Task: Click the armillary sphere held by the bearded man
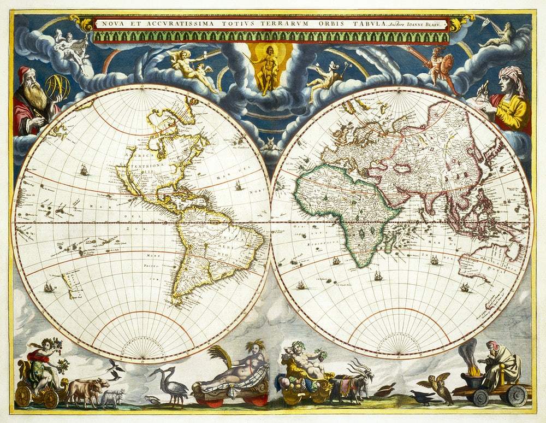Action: (x=57, y=87)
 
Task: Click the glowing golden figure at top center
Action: (x=266, y=68)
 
